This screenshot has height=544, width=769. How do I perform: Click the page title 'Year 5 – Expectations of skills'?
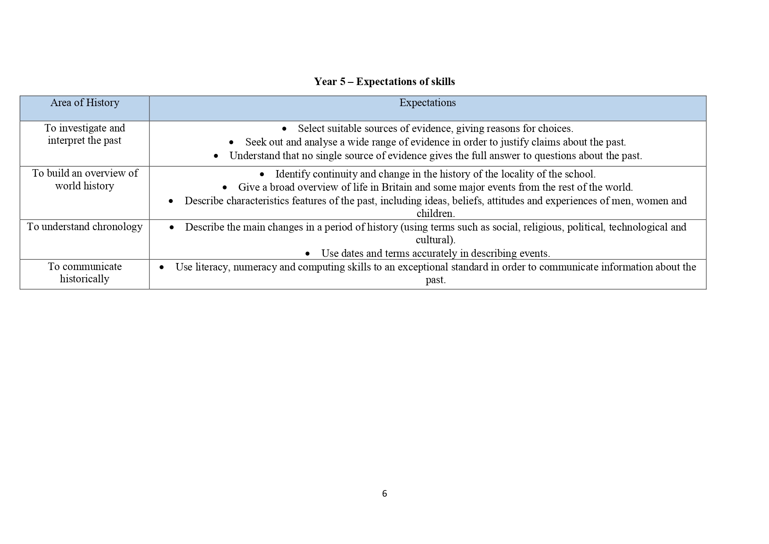[x=384, y=82]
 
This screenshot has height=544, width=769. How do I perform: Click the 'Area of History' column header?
[x=85, y=103]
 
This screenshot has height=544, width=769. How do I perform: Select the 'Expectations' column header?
[x=427, y=103]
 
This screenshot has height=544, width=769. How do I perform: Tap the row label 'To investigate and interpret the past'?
[x=85, y=134]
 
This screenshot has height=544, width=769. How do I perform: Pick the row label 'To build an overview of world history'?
[x=85, y=180]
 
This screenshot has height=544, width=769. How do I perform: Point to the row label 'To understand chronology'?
[x=85, y=227]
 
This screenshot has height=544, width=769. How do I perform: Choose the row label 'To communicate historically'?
[x=85, y=273]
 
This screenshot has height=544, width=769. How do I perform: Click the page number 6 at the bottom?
[x=384, y=494]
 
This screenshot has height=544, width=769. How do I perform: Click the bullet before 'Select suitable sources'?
[x=284, y=129]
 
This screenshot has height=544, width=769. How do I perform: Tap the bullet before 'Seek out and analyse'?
[x=231, y=142]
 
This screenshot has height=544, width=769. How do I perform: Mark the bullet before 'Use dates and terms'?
[x=308, y=254]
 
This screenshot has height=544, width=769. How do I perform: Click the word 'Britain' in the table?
[x=397, y=188]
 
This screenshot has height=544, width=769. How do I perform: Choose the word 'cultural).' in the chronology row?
[x=436, y=240]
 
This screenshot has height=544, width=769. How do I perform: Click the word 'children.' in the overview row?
[x=436, y=214]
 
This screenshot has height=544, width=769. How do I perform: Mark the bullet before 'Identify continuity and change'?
[x=262, y=174]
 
